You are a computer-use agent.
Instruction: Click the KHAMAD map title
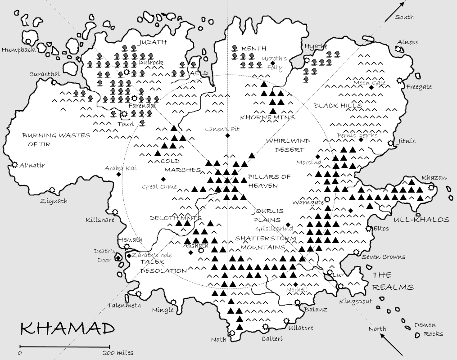68,329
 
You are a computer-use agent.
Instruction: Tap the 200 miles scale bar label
118,352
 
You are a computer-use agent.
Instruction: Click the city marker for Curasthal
54,82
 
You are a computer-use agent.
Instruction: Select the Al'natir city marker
15,165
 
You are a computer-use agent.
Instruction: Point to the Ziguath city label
54,201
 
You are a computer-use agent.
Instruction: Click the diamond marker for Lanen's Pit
228,135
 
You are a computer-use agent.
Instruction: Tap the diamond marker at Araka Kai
118,174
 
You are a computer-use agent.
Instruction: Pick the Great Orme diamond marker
163,179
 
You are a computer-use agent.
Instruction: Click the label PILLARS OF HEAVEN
269,181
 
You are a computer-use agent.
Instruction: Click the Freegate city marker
399,81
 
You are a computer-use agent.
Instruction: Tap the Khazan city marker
431,188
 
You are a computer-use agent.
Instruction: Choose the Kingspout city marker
340,286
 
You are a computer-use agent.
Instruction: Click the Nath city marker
232,333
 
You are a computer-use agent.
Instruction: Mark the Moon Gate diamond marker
371,87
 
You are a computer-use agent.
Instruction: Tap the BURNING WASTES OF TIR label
56,139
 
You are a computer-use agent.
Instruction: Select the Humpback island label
18,50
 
